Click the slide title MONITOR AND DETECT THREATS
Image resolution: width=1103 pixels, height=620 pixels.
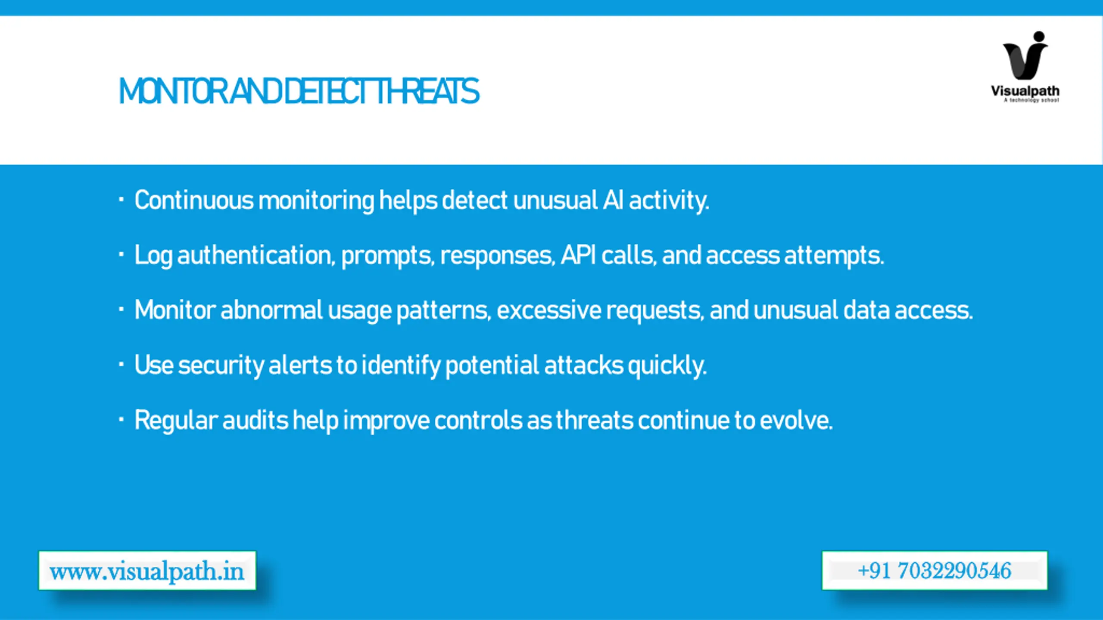[x=299, y=91]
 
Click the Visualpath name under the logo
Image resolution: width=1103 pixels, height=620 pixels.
[x=1025, y=91]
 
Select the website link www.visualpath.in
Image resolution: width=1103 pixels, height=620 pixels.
[x=147, y=571]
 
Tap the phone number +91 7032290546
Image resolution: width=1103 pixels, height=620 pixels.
[x=934, y=571]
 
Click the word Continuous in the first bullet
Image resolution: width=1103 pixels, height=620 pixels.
[x=194, y=200]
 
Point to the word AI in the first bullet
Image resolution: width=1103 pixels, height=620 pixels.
[x=613, y=200]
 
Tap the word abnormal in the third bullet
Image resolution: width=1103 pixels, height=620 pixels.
[x=271, y=310]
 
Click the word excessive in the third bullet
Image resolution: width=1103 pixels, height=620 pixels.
[x=548, y=310]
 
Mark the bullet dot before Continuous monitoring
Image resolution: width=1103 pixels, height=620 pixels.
[x=122, y=199]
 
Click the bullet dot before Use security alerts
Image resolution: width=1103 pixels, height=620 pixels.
[x=122, y=365]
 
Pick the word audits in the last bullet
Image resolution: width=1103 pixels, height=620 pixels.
[x=255, y=420]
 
